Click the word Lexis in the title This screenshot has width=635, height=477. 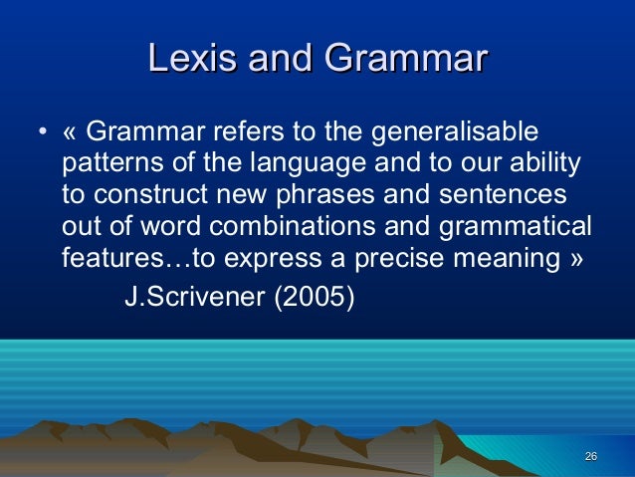coord(192,58)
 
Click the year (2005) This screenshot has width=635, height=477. coord(314,297)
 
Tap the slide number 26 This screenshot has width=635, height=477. coord(590,456)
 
